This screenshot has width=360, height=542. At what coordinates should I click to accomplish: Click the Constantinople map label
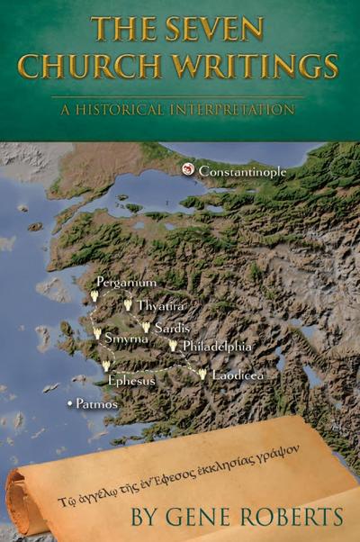pos(244,170)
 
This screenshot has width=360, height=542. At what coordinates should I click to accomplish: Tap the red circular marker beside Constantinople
pos(188,168)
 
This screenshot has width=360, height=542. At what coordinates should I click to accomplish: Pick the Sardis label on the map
pos(171,328)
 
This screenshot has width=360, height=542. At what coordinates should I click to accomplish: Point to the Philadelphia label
pos(216,347)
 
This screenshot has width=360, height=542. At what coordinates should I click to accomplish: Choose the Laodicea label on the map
pos(238,374)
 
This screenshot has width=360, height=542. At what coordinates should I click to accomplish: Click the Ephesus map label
pos(131,381)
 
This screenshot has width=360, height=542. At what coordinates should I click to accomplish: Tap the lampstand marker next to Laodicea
pos(202,373)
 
